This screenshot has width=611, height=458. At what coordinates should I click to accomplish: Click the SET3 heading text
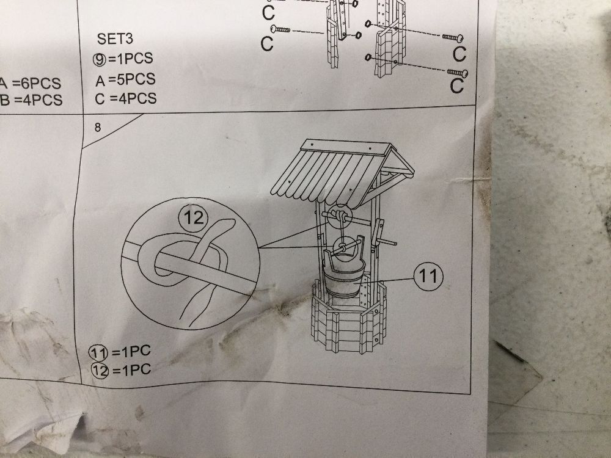pos(115,38)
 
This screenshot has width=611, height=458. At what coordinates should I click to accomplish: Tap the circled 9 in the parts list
pos(100,59)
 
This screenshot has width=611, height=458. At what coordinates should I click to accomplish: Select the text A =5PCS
pos(125,79)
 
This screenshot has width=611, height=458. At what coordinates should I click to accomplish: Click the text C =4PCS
pos(125,98)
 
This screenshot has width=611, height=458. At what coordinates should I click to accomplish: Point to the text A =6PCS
pos(31,83)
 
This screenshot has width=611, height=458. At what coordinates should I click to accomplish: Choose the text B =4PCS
pos(31,100)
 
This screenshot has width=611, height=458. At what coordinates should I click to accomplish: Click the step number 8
pos(97,128)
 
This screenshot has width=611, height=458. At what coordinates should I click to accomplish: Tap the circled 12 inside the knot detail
pos(193,218)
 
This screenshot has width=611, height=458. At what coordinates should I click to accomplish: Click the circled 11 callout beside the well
pos(428,276)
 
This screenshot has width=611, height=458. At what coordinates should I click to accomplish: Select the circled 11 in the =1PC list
pos(98,352)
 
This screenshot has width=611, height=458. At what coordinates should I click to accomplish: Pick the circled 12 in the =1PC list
pos(100,371)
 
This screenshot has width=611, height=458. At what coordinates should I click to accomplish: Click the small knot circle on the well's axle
pos(340,216)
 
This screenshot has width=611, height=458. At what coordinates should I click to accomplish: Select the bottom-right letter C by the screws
pos(456,86)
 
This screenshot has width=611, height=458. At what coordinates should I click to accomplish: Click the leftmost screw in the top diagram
pos(280,29)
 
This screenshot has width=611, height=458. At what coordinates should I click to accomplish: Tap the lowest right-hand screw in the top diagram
pos(458,73)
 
